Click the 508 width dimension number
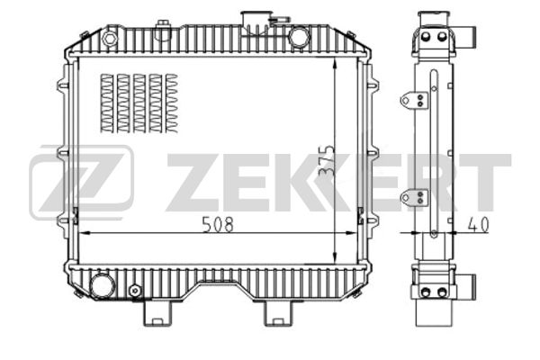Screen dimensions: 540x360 tap(218, 224)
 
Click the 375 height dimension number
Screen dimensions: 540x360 tap(326, 161)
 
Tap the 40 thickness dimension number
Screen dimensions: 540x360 tap(478, 225)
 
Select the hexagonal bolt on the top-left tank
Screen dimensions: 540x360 tap(110, 38)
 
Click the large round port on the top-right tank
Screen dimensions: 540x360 tap(299, 37)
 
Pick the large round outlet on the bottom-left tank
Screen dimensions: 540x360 tap(103, 286)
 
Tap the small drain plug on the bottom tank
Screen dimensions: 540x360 tap(135, 291)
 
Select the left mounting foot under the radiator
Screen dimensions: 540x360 tap(157, 313)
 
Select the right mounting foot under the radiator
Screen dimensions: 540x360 tap(277, 313)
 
